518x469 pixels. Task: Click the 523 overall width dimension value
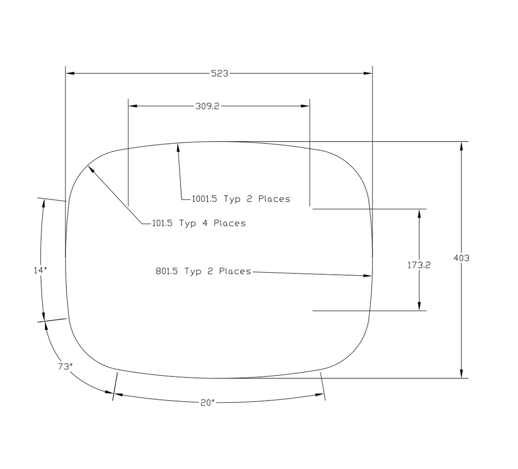(x=220, y=73)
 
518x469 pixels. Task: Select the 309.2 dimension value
(x=207, y=106)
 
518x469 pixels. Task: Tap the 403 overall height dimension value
(x=461, y=258)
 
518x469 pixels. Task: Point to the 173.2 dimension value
(x=419, y=265)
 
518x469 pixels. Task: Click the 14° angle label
(x=40, y=271)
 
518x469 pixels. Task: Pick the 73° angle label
(x=65, y=367)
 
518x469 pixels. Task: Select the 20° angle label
(x=207, y=402)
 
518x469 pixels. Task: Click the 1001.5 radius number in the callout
(x=204, y=199)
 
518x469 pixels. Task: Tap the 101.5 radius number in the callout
(x=163, y=223)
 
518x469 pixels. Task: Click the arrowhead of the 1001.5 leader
(x=178, y=147)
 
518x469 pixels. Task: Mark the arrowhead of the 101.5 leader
(x=91, y=169)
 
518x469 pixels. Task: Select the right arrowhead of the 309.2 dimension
(x=305, y=106)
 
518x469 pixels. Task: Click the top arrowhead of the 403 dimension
(x=461, y=146)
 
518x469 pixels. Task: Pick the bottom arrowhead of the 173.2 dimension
(x=419, y=306)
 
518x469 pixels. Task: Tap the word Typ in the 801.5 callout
(x=193, y=271)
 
